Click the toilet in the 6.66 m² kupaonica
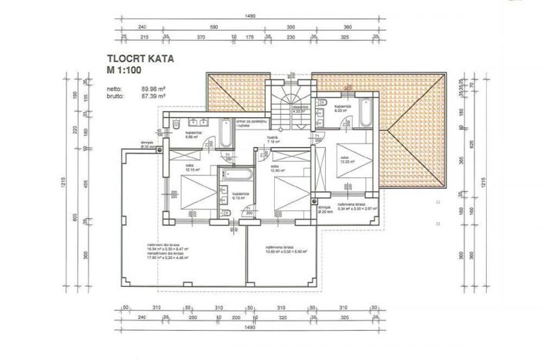(176, 124)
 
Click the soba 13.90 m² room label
(279, 167)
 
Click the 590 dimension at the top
(216, 25)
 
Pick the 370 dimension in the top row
(199, 36)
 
